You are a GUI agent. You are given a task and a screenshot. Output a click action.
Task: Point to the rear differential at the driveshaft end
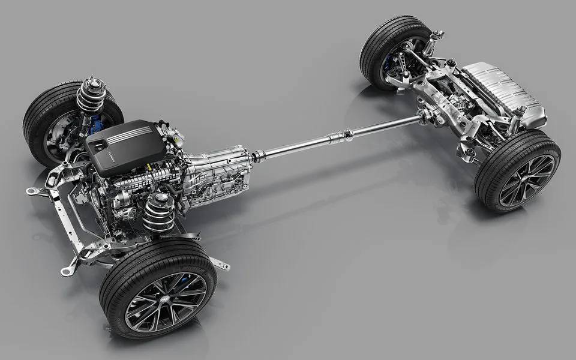click(x=429, y=114)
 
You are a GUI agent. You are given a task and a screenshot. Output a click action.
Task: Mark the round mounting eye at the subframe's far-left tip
click(x=29, y=191)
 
